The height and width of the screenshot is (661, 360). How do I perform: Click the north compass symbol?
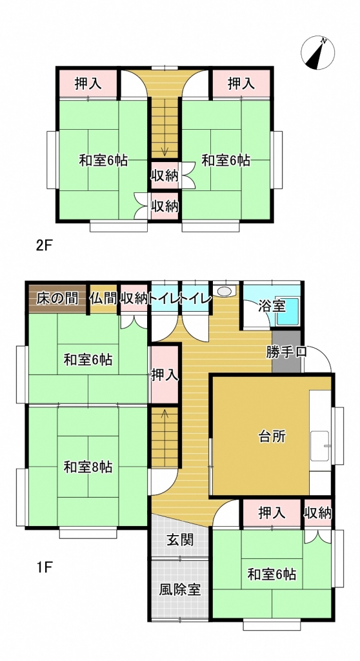tap(317, 53)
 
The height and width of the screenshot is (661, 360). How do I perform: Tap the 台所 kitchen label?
tap(272, 437)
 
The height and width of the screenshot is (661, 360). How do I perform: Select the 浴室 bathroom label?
tap(272, 306)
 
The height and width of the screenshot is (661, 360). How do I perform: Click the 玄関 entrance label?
tap(180, 540)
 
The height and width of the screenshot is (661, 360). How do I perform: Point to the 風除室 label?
tap(179, 589)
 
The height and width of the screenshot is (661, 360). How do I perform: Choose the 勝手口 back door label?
tap(286, 352)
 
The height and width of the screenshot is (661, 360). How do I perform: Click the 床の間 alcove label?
tap(57, 298)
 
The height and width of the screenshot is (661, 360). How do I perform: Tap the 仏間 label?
tap(103, 298)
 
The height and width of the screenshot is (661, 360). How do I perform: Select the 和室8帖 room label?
tap(88, 467)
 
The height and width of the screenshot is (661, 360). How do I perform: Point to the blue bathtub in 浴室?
tap(288, 312)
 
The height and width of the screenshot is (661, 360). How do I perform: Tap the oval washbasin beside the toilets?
tap(226, 291)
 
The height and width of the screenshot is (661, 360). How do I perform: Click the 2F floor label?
tap(43, 246)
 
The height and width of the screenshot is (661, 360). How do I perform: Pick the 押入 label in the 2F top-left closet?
tap(88, 84)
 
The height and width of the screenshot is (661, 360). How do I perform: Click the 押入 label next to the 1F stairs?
tap(165, 375)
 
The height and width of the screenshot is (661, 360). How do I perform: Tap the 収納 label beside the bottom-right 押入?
tap(318, 513)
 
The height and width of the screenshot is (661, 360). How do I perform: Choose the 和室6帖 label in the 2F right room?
tap(226, 161)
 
